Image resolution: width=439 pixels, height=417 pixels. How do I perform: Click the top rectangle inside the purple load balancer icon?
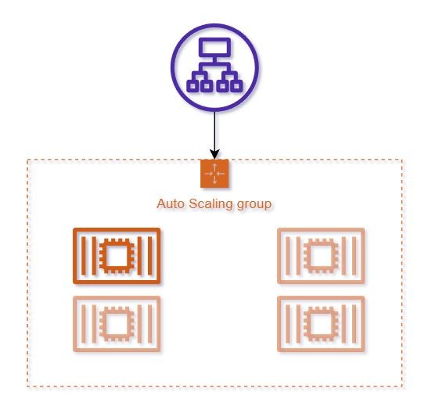pos(214,47)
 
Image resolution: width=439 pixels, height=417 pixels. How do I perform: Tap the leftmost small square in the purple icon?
pos(193,85)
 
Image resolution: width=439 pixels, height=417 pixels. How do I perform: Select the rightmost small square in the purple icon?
pos(236,85)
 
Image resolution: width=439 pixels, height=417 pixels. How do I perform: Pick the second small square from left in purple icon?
pos(207,85)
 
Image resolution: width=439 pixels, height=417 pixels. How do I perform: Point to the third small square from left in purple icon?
pos(222,85)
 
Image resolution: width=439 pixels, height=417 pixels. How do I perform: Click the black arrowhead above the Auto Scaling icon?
pos(214,154)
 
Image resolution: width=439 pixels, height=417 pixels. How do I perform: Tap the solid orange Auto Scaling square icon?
pos(214,174)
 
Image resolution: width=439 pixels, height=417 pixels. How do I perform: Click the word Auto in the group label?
pos(171,203)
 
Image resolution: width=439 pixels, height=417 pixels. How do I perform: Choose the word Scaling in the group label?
pos(211,204)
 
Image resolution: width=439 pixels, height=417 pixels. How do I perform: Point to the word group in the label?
pos(254,204)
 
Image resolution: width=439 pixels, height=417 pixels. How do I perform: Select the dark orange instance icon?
pos(117,256)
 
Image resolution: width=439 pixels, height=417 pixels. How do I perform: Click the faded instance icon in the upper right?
pos(321,256)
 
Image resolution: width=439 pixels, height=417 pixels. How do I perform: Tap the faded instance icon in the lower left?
pos(117,324)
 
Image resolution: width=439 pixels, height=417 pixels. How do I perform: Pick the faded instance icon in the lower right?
pos(321,324)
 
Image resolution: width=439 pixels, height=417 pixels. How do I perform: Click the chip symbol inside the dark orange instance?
pos(117,256)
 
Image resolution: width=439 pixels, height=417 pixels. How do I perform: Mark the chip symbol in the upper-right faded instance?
pos(321,256)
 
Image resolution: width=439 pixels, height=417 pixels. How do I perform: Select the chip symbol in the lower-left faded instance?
pos(117,324)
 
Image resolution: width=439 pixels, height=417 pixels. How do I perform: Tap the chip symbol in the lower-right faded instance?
pos(321,324)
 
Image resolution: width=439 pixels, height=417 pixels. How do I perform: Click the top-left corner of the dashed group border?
pos(27,160)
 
